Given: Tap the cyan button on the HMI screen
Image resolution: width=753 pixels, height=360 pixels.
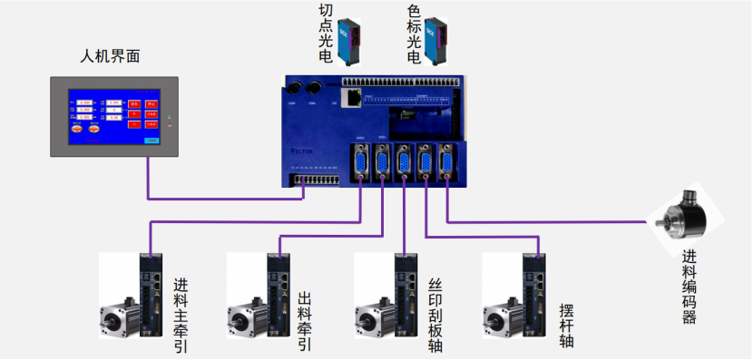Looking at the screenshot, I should tap(152, 141).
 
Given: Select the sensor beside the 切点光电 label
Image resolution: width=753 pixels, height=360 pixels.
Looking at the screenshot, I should tap(351, 40).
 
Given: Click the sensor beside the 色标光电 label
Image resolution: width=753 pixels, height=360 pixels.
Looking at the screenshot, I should tap(440, 40).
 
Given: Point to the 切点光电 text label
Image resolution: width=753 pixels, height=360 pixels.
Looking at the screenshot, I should tap(325, 34).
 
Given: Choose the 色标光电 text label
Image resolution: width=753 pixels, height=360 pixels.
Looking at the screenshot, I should tap(414, 34).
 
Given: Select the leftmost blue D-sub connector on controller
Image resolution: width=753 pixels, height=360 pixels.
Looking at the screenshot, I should tap(360, 162).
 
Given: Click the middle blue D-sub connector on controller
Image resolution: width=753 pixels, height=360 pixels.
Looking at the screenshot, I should tap(403, 162).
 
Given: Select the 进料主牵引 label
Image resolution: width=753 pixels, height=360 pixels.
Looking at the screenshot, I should tap(181, 314).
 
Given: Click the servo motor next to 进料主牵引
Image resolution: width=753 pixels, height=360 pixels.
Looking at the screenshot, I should tap(119, 318).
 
